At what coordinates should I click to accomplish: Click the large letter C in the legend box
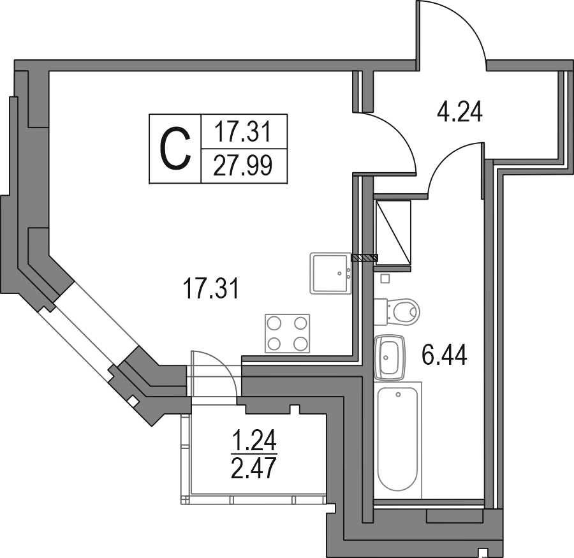pos(176,149)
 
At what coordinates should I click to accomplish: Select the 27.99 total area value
pos(243,166)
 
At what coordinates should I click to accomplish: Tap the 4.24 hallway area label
pos(460,112)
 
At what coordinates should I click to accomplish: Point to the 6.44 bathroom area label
pos(445,355)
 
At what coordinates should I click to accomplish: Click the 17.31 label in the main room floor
pos(212,288)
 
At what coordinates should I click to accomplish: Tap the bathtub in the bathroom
pos(398,439)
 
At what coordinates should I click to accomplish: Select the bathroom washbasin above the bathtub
pos(390,357)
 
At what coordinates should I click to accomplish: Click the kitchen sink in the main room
pos(330,273)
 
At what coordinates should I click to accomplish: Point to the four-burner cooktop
pos(288,334)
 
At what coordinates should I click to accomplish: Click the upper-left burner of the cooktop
pos(274,323)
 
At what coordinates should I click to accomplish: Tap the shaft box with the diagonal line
pos(393,233)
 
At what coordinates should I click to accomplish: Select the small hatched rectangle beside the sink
pos(365,258)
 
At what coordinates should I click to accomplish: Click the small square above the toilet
pos(385,279)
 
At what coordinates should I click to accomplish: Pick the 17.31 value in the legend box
pos(242,132)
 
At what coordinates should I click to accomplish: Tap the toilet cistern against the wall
pos(381,312)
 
